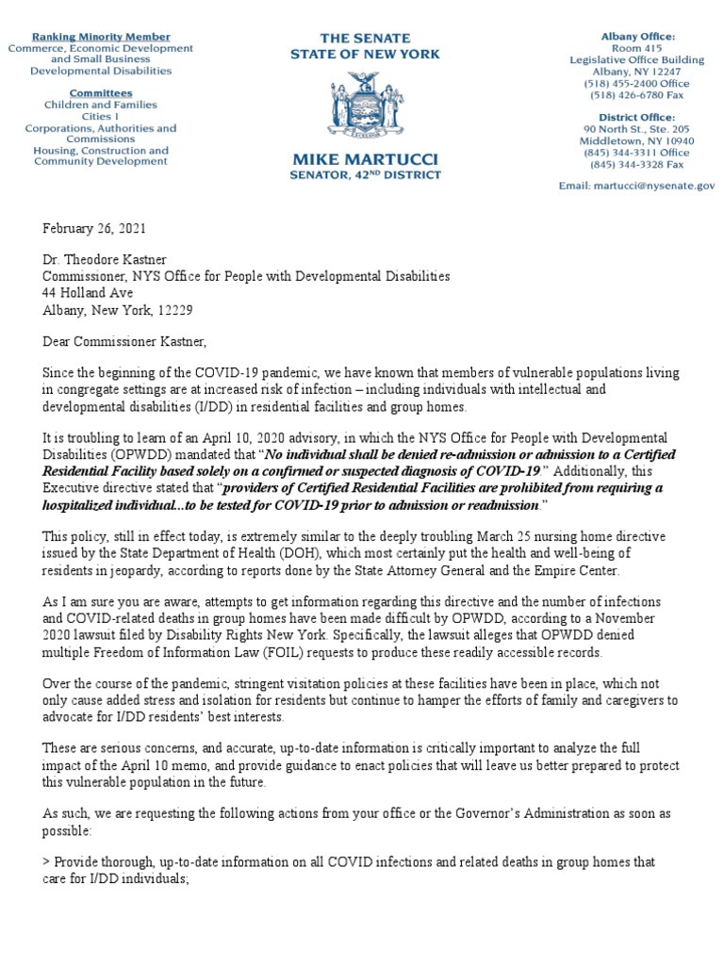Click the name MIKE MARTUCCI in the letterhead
point(364,157)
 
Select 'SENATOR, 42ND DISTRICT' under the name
point(364,175)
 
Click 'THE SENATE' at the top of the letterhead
point(364,38)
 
